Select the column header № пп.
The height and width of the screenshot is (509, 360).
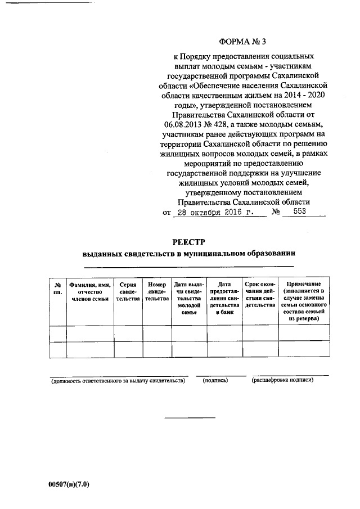coord(57,289)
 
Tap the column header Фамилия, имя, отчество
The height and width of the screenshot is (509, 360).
coord(89,291)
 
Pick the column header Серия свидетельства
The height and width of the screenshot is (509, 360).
coord(128,291)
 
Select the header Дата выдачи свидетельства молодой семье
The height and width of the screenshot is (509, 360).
coord(189,298)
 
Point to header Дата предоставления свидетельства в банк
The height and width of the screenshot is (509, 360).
coord(224,298)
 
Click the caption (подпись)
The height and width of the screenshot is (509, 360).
coord(215,381)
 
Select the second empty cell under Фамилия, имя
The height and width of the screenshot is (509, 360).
coord(89,349)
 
